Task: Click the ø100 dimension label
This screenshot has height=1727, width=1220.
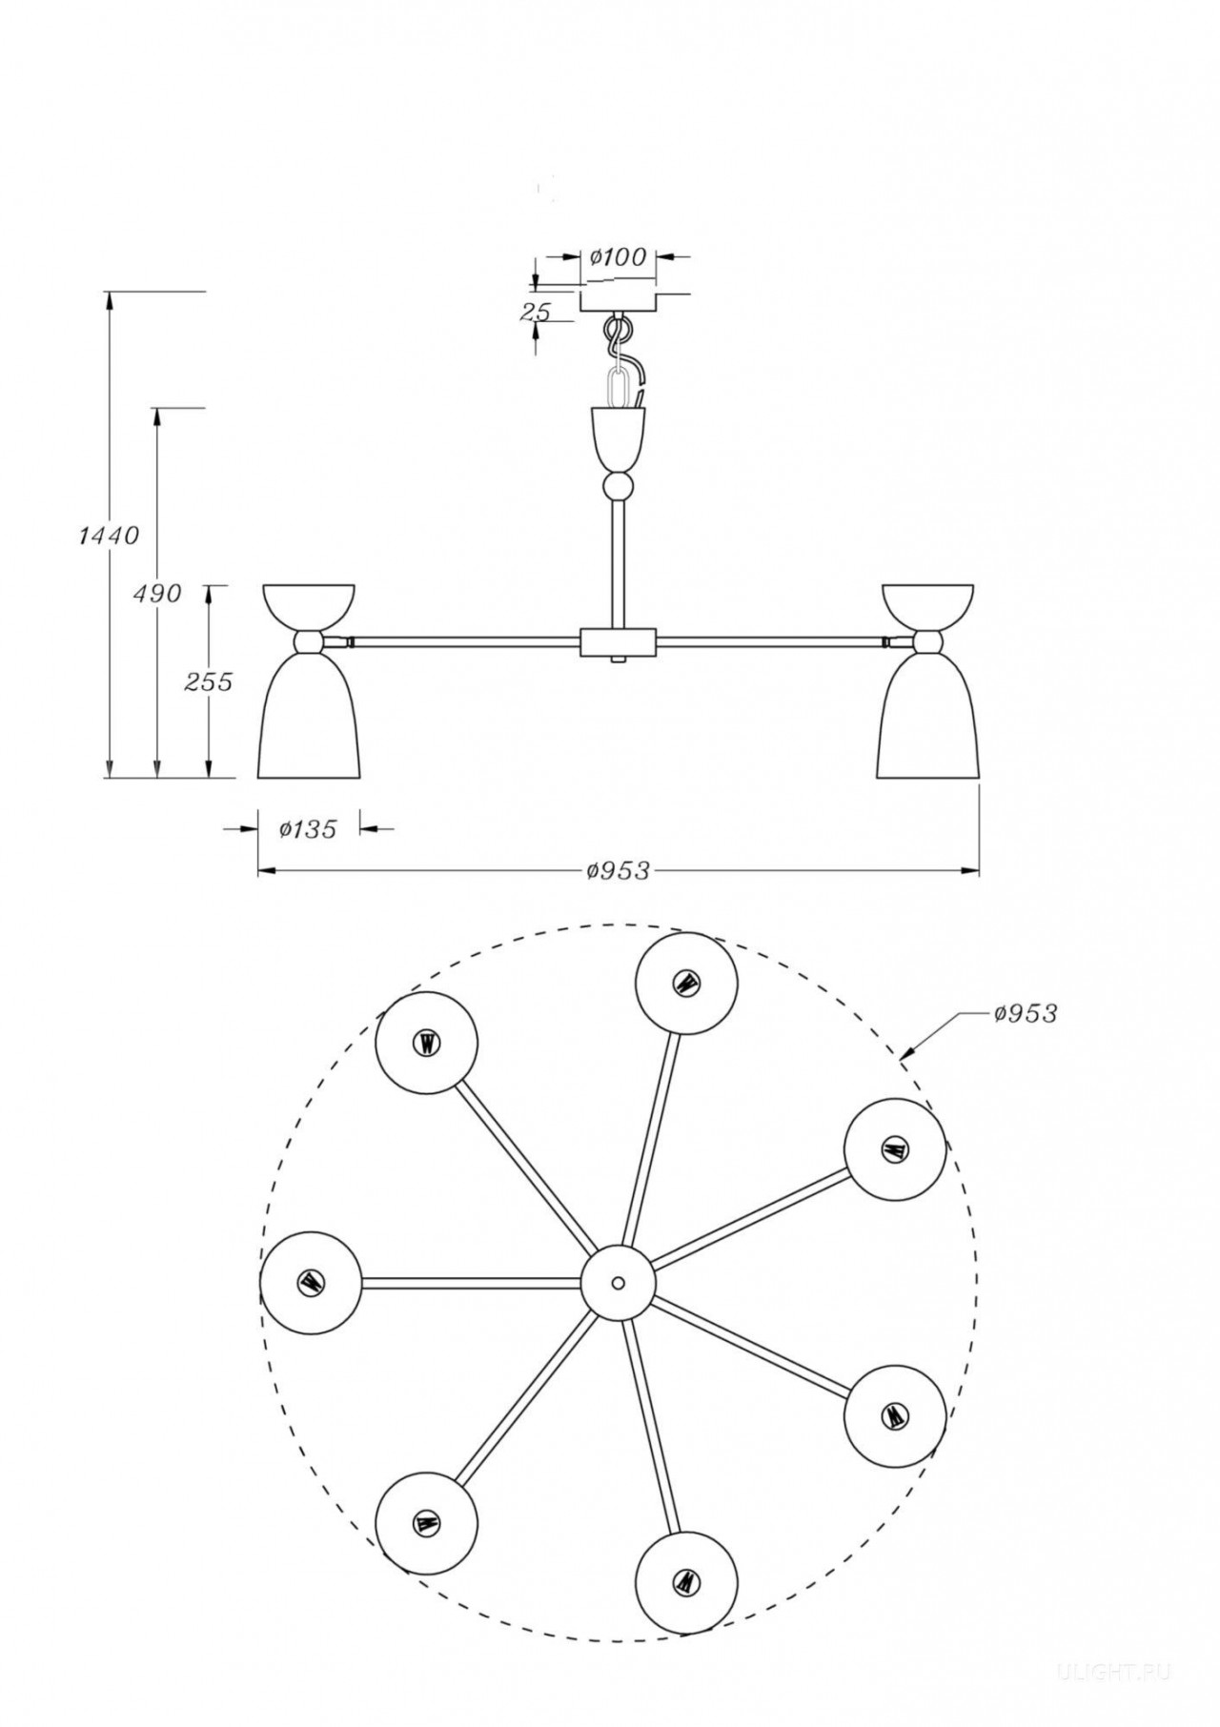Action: (x=618, y=256)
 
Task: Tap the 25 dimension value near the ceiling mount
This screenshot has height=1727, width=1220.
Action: (x=537, y=312)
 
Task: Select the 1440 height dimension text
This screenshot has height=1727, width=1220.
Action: (x=108, y=536)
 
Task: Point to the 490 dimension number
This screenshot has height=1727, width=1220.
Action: (x=157, y=593)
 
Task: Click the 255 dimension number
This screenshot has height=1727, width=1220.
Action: (x=208, y=682)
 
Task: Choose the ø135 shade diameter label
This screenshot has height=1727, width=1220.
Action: (x=308, y=829)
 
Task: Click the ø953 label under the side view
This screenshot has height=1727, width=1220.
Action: (x=620, y=870)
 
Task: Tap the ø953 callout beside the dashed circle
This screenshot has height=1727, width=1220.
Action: (x=1026, y=1013)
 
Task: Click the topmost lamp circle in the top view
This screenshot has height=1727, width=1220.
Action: (x=685, y=985)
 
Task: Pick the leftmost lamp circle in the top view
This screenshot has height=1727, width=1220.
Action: (x=311, y=1282)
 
